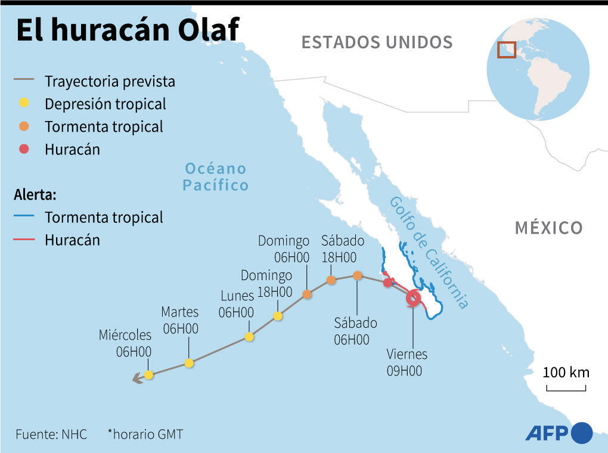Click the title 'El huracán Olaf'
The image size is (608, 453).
click(127, 30)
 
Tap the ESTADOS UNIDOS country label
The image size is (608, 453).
click(377, 42)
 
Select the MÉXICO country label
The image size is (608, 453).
click(548, 228)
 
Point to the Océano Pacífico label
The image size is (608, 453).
click(215, 176)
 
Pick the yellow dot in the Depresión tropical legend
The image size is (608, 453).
click(24, 103)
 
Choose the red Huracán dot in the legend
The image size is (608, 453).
click(24, 149)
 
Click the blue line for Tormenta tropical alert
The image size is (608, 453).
click(24, 217)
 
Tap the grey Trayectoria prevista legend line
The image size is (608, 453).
click(24, 80)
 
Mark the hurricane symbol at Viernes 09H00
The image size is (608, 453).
click(412, 298)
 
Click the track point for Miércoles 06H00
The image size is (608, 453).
click(148, 374)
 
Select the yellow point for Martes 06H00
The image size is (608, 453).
click(189, 363)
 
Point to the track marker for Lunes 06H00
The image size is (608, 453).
click(249, 337)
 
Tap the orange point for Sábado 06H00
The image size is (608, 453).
click(357, 275)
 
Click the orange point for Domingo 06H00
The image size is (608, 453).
click(307, 294)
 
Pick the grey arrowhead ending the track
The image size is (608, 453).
click(137, 377)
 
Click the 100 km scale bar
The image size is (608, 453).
click(566, 389)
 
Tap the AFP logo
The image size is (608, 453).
click(559, 433)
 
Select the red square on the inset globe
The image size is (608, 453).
click(507, 49)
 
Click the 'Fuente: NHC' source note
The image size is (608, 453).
click(51, 434)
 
